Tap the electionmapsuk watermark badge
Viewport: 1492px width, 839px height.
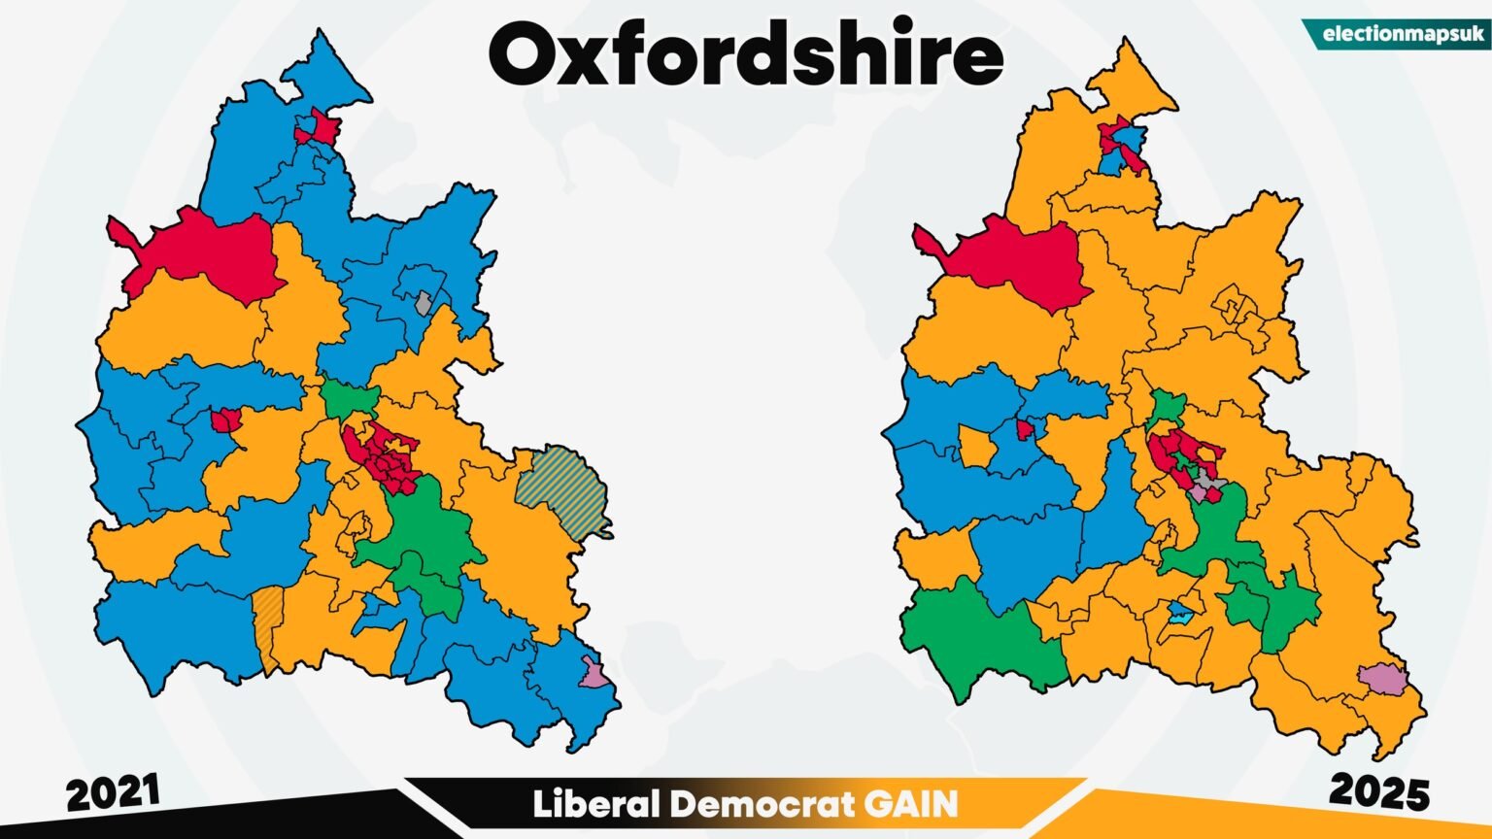coord(1405,35)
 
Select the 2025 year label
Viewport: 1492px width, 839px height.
coord(1379,791)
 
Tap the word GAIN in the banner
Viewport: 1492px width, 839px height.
coord(909,805)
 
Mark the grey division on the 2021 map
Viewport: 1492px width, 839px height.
coord(423,302)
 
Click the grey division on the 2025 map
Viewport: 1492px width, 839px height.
coord(1207,480)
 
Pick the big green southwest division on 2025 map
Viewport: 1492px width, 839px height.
coord(981,641)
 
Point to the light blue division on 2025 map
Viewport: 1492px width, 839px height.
coord(1180,613)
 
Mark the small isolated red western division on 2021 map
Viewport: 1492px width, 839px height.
coord(225,420)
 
